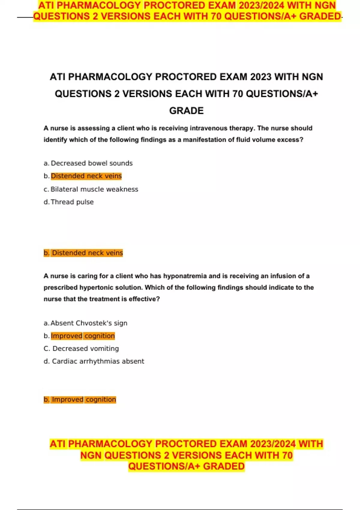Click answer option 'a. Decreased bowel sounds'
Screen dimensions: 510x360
pos(88,163)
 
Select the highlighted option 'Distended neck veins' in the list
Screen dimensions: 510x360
pos(86,176)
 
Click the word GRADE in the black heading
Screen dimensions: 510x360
pos(186,111)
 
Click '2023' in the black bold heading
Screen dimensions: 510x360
pos(261,77)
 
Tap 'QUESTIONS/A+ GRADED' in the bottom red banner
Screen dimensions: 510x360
pos(186,466)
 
